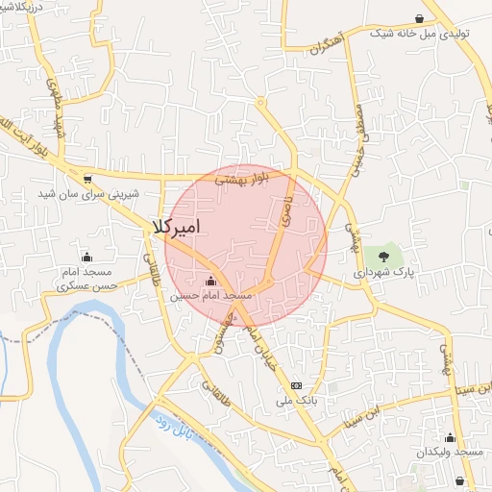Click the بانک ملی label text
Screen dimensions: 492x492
297,400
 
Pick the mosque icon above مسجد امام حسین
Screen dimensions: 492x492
210,282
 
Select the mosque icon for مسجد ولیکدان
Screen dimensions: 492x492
448,438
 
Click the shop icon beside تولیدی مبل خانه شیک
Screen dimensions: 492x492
419,18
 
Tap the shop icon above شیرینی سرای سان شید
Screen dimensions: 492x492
87,178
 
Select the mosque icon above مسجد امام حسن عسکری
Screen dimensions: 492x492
86,257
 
